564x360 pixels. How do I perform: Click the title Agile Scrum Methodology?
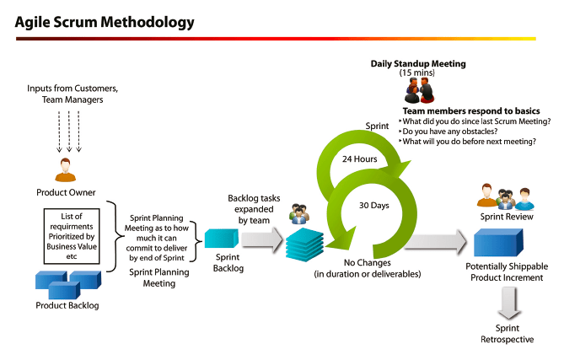click(104, 21)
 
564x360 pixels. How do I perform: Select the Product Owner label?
click(66, 192)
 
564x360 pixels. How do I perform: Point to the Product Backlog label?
click(67, 305)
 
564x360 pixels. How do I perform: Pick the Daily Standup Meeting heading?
click(418, 63)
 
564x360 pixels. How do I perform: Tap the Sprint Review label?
click(505, 217)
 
